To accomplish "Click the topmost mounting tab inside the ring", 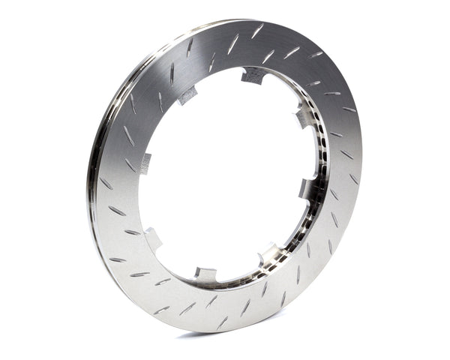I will coord(253,75).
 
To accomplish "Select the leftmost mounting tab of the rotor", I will coord(142,161).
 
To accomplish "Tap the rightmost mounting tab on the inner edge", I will coord(308,187).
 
